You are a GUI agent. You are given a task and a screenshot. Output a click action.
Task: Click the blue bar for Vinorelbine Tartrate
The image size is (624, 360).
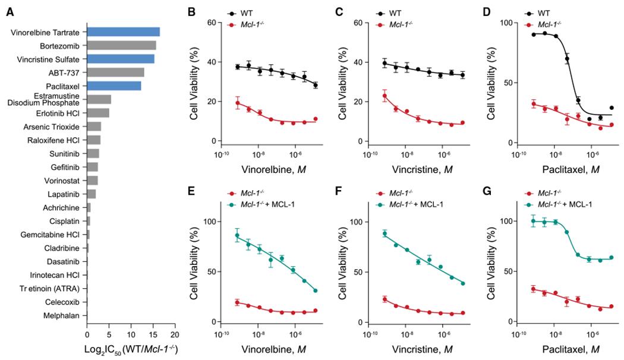pyautogui.click(x=123, y=32)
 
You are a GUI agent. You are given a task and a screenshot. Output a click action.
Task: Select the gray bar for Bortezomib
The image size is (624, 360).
pyautogui.click(x=121, y=46)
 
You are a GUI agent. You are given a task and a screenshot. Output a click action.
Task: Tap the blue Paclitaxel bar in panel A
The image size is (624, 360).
pyautogui.click(x=114, y=86)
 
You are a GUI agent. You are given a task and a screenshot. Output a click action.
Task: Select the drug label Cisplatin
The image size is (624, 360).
pyautogui.click(x=68, y=221)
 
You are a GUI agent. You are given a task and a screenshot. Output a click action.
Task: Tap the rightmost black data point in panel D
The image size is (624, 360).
pyautogui.click(x=612, y=108)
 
